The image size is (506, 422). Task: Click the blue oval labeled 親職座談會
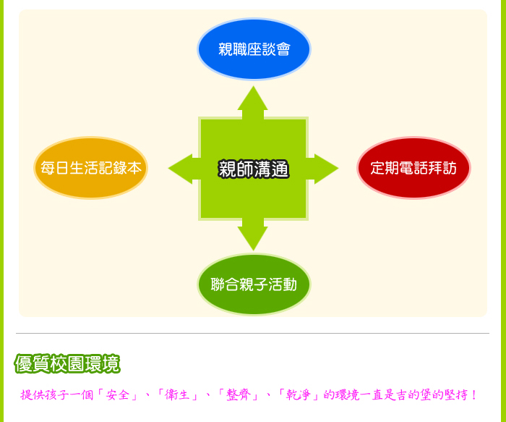point(254,48)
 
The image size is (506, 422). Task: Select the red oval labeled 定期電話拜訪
point(413,168)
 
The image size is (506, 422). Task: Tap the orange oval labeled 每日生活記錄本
point(90,168)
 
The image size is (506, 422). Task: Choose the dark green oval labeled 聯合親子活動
point(254,284)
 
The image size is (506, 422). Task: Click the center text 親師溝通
point(254,169)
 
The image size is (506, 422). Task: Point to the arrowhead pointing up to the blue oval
point(253,98)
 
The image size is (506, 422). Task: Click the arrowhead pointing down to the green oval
point(253,238)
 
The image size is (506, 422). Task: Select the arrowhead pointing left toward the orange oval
point(180,169)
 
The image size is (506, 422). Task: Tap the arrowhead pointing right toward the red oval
point(326,169)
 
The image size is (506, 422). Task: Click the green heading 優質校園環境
point(67,364)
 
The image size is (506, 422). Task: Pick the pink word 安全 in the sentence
point(118,395)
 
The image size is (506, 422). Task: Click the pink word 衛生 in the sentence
point(177,395)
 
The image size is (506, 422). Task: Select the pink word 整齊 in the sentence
point(239,395)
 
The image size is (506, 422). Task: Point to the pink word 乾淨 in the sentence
point(299,395)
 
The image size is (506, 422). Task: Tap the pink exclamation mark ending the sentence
point(473,395)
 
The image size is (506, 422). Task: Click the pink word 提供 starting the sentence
point(33,395)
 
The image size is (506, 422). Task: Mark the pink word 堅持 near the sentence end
point(456,395)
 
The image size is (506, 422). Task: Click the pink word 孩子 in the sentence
point(57,395)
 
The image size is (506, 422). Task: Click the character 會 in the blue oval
point(283,49)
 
